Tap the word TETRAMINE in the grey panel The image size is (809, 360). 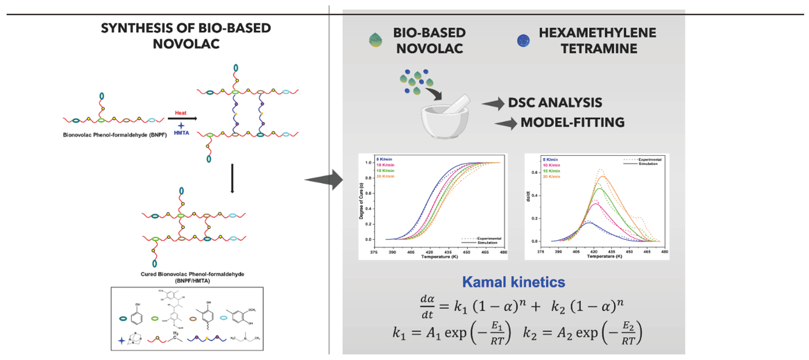596,48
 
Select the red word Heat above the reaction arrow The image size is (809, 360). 181,113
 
